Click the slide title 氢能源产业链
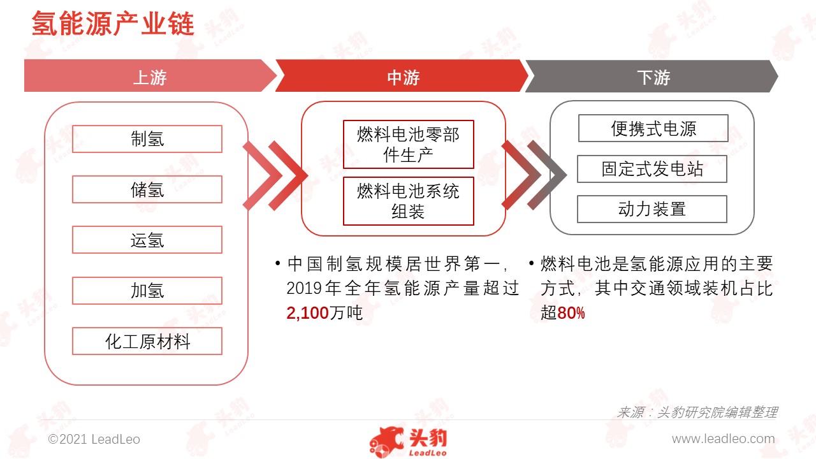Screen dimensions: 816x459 [x=113, y=24]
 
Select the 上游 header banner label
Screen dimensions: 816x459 [x=150, y=77]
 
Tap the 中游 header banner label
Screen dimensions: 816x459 [x=404, y=77]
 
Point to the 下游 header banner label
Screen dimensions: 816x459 [x=653, y=77]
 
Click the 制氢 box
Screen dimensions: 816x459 [x=147, y=139]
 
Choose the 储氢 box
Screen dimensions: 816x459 [x=147, y=189]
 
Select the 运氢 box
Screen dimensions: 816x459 [x=147, y=240]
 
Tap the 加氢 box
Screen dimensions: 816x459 [x=147, y=291]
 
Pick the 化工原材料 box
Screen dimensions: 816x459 [x=147, y=341]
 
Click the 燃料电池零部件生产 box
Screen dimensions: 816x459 [x=409, y=144]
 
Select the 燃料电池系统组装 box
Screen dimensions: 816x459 [x=409, y=201]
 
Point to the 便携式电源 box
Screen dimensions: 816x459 [x=653, y=128]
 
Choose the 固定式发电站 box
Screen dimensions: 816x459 [x=652, y=169]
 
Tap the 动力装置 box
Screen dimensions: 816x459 [x=652, y=209]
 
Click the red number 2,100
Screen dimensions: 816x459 [x=307, y=313]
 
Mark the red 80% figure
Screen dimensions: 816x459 [x=571, y=313]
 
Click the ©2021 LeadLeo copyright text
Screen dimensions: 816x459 [x=94, y=439]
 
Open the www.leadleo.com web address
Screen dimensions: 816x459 [x=723, y=439]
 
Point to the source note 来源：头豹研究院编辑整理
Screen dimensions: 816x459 [x=697, y=412]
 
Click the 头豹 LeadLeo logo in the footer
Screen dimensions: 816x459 [x=408, y=442]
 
